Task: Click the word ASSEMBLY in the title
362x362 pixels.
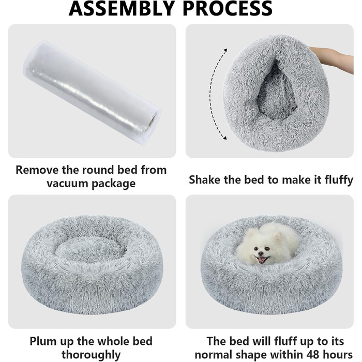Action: [x=122, y=8]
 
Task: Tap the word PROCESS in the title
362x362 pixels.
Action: [x=228, y=8]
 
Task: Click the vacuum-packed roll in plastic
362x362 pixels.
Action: [x=92, y=93]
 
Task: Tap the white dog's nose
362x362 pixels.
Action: [x=261, y=253]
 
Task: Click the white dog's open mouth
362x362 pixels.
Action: [x=262, y=259]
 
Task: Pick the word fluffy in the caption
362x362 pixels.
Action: [x=339, y=180]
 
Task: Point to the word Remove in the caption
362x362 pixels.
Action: [x=37, y=170]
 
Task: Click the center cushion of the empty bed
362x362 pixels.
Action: [x=90, y=250]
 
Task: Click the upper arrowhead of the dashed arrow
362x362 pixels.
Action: [x=225, y=50]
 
